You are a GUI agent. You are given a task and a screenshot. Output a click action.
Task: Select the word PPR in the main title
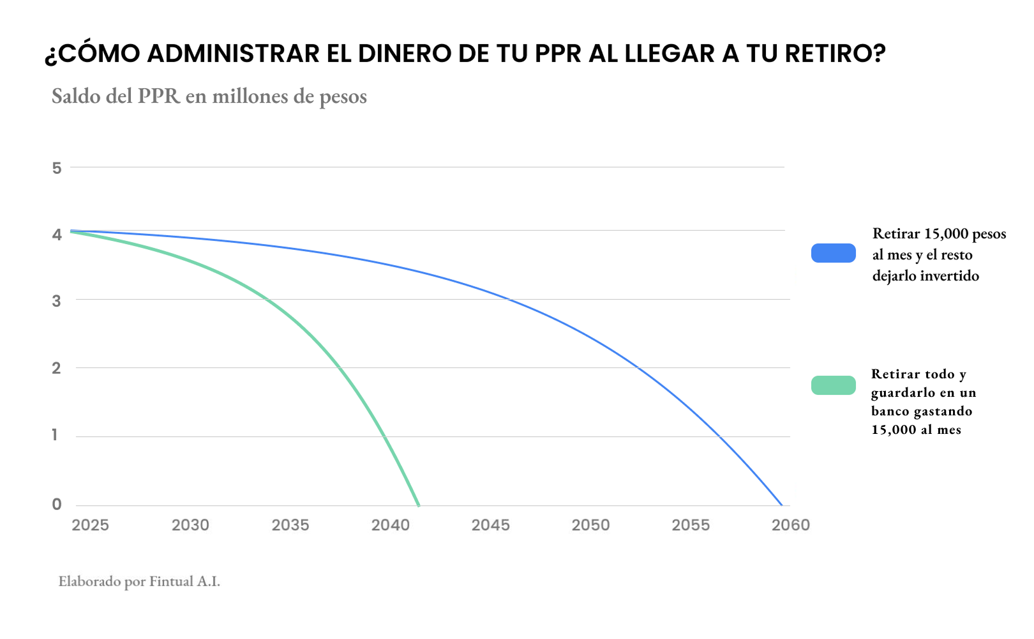558,54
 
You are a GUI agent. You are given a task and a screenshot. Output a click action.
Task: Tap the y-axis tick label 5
57,168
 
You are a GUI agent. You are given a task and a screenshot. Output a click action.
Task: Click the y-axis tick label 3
57,301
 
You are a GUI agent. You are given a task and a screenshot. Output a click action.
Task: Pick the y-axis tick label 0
57,504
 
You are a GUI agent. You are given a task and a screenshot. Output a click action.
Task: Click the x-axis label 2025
90,525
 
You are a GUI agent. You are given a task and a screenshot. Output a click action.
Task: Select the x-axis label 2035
290,525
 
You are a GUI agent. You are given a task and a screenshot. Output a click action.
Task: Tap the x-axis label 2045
490,525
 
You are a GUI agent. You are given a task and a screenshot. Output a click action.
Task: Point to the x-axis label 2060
791,525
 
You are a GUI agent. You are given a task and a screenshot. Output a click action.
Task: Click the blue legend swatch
833,253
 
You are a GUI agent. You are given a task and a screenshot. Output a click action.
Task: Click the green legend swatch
833,385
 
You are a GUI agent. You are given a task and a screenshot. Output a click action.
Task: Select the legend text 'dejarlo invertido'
925,276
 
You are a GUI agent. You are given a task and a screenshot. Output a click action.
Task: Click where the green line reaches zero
419,505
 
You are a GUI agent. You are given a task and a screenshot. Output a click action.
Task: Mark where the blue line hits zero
782,505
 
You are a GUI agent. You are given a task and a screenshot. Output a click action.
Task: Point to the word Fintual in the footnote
171,581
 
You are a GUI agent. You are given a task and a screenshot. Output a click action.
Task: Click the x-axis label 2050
590,525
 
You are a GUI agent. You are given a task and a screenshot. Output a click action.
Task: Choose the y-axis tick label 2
57,368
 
